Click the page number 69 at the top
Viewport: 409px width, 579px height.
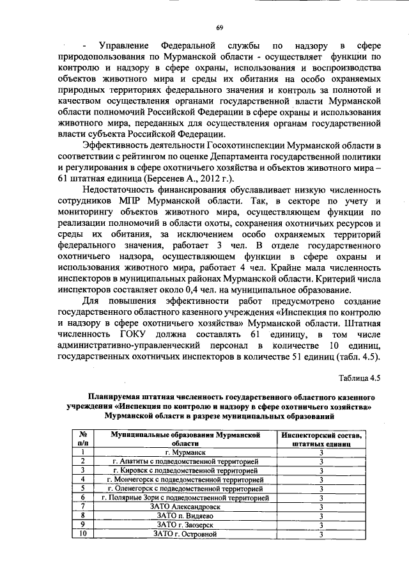point(219,26)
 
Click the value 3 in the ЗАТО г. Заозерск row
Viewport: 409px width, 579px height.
point(321,525)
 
